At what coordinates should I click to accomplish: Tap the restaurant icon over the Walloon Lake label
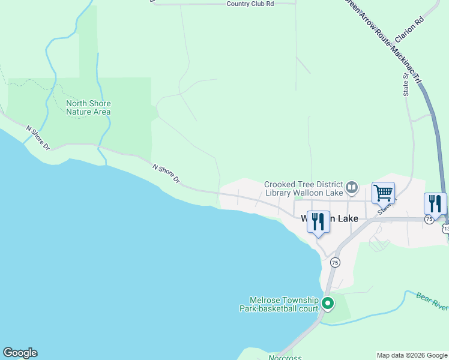[318, 221]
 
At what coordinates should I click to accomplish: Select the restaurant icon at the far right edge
[435, 203]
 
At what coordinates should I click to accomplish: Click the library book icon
[352, 188]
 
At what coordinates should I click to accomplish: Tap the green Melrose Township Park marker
[327, 304]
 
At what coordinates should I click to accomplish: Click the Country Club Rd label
[250, 4]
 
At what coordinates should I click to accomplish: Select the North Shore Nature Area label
[88, 107]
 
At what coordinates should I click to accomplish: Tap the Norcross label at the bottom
[285, 357]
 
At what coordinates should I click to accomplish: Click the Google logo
[20, 353]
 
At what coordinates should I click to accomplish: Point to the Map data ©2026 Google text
[411, 355]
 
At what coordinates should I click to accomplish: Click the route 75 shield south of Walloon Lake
[335, 262]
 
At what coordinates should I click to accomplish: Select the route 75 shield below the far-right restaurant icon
[429, 220]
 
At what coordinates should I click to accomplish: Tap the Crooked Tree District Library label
[304, 188]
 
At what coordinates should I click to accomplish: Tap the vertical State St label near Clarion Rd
[405, 83]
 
